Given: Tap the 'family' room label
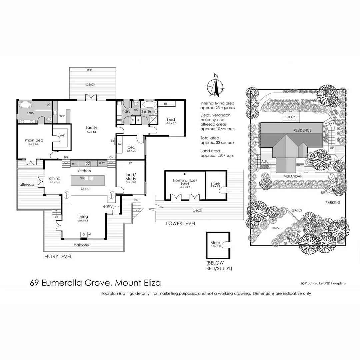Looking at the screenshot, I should pos(91,127).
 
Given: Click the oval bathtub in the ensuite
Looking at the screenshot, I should pos(25,105).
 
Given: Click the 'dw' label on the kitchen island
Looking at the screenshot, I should pos(81,178).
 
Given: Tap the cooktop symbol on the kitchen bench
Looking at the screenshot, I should pos(88,163).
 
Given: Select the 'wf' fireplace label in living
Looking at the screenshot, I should pos(89,235).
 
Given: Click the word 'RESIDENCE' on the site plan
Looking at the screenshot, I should pos(302,130).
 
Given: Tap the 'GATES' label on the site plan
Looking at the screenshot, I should pos(297,210).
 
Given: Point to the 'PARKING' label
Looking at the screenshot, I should pos(333,202).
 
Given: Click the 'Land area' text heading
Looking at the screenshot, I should pos(210,151).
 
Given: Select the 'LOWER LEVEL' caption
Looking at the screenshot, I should pos(181,223).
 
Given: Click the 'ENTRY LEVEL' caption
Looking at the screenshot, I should pos(58,257).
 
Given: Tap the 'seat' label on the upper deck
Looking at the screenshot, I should pos(89,70).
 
